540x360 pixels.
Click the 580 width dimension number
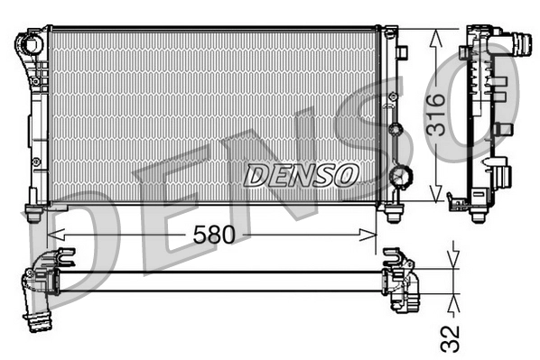click(x=214, y=235)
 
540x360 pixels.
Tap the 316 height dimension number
click(x=435, y=114)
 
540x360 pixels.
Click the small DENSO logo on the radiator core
click(x=302, y=175)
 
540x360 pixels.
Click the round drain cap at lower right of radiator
click(x=398, y=175)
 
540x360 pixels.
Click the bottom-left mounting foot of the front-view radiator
click(x=34, y=214)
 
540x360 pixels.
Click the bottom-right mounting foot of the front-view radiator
click(x=393, y=214)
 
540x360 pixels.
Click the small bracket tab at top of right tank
click(x=390, y=33)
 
